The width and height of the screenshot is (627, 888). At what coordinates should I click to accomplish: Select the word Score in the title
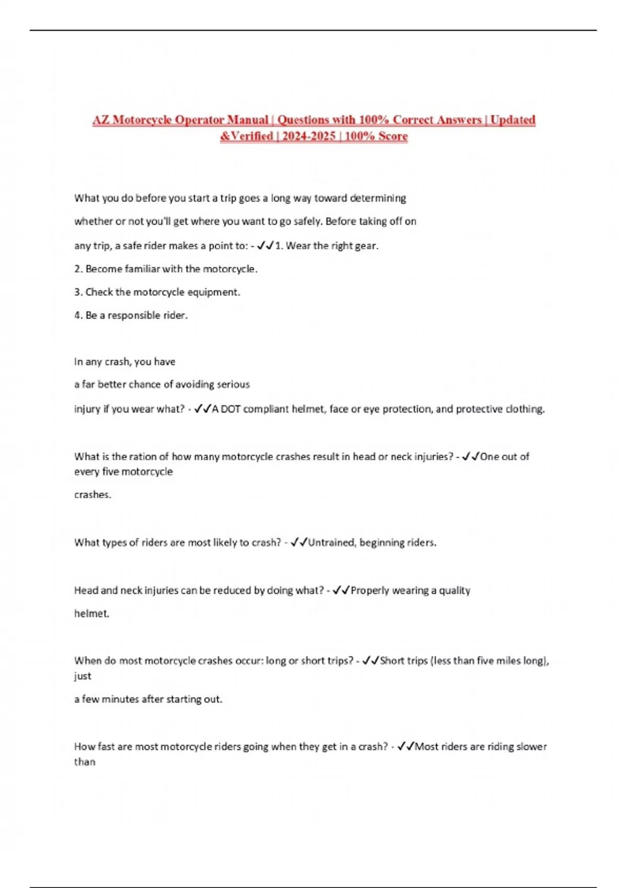click(x=393, y=136)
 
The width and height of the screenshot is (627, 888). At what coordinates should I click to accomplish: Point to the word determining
click(x=378, y=198)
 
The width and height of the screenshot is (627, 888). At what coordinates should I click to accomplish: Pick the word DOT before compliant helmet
click(x=230, y=409)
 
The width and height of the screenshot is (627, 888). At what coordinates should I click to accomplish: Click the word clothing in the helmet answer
click(x=524, y=409)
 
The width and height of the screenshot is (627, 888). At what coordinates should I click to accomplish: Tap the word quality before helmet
click(x=455, y=590)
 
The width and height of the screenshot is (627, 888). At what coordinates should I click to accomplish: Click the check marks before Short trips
click(x=370, y=661)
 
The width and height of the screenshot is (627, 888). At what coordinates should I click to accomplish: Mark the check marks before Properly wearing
click(x=341, y=590)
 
